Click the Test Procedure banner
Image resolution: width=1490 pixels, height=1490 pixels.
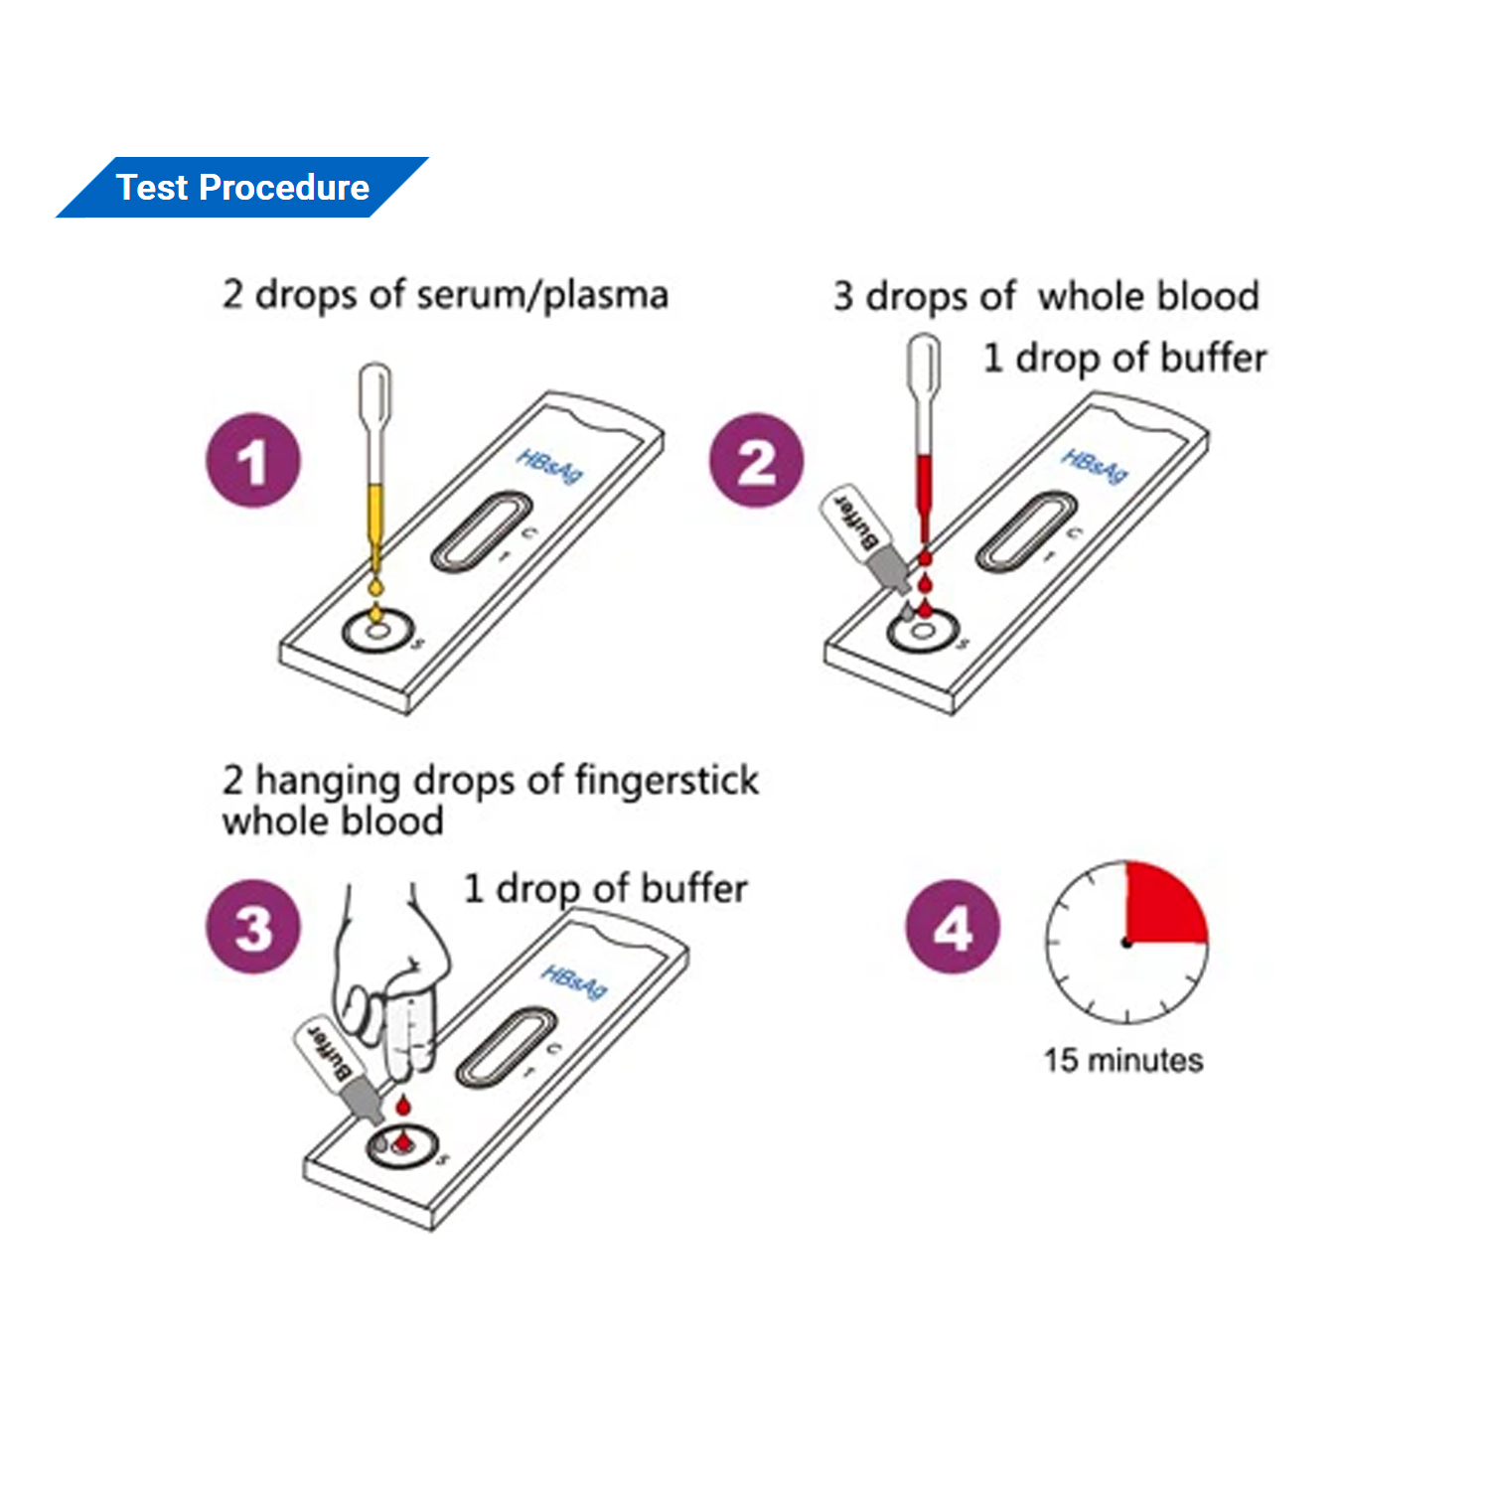click(242, 188)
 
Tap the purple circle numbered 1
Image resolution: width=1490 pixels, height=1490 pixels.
click(253, 461)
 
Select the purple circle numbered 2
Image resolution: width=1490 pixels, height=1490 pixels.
click(756, 461)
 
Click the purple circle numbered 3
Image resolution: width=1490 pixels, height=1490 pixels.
click(253, 927)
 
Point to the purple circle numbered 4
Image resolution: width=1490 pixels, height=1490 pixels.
click(953, 927)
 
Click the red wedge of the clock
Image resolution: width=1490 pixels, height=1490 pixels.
click(1160, 906)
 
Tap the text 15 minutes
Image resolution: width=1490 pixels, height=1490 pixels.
click(1122, 1060)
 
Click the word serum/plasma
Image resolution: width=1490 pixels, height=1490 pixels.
click(541, 295)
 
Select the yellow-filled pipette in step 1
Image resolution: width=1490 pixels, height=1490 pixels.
click(374, 467)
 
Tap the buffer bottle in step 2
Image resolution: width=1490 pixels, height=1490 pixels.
click(864, 536)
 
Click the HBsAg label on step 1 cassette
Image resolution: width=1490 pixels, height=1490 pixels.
click(548, 465)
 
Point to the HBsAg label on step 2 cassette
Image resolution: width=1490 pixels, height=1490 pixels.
click(1094, 465)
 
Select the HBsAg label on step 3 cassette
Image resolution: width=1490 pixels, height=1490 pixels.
click(573, 981)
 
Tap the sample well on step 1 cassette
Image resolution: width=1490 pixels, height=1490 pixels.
click(377, 631)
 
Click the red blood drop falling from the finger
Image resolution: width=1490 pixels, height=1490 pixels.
click(403, 1105)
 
